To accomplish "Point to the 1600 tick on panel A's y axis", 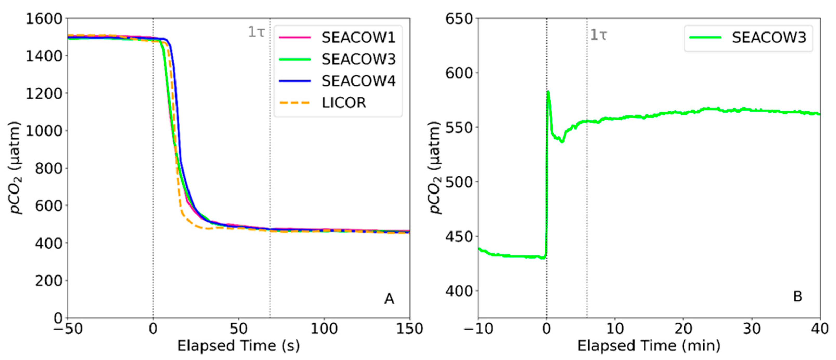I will (x=44, y=19).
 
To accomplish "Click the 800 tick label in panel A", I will (x=49, y=168).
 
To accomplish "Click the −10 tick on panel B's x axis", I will (x=478, y=329).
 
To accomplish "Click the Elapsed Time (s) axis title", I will (x=239, y=346).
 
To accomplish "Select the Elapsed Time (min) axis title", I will (x=649, y=346).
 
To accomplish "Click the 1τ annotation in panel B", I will (x=598, y=35).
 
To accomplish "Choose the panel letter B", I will (x=798, y=296).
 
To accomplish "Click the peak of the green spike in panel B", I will (x=548, y=92).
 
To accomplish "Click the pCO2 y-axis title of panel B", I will (x=435, y=168).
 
